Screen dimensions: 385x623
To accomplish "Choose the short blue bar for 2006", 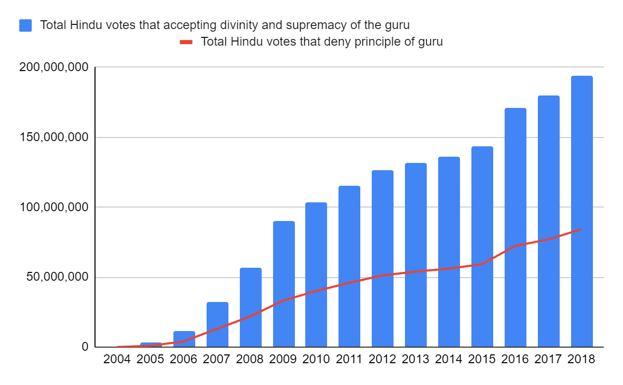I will point(184,339).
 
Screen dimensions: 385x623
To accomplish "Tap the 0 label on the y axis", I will point(84,347).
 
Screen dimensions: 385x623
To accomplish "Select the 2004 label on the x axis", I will point(118,359).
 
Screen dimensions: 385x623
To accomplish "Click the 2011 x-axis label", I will point(349,359).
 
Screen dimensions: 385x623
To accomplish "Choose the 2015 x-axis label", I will point(482,359).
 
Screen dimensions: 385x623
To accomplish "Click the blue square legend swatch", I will point(25,25).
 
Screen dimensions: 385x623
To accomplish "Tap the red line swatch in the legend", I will point(186,42).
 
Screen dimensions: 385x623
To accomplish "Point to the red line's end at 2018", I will point(581,229).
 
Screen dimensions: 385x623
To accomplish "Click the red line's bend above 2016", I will point(516,245).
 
